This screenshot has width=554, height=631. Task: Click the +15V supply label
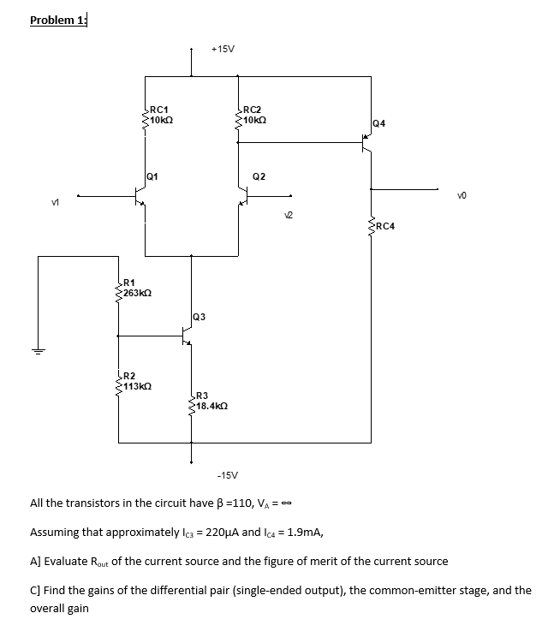(223, 50)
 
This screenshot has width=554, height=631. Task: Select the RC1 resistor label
(158, 109)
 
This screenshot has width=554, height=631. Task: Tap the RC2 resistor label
(253, 109)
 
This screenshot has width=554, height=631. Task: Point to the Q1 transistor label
(152, 176)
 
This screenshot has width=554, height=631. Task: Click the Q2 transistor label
(259, 176)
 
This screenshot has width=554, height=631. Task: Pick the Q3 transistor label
(199, 317)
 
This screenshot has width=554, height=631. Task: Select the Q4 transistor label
(379, 123)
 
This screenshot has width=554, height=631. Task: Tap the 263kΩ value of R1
(138, 294)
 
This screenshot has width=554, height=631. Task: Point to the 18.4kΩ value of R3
(211, 404)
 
